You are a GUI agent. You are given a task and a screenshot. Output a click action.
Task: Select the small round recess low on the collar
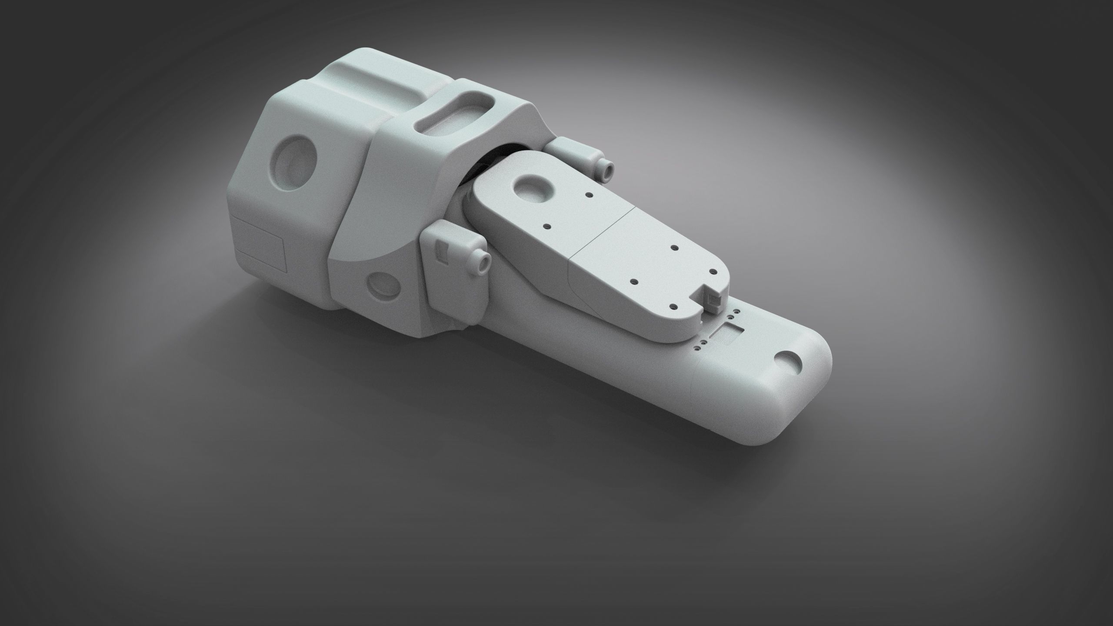(383, 286)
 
